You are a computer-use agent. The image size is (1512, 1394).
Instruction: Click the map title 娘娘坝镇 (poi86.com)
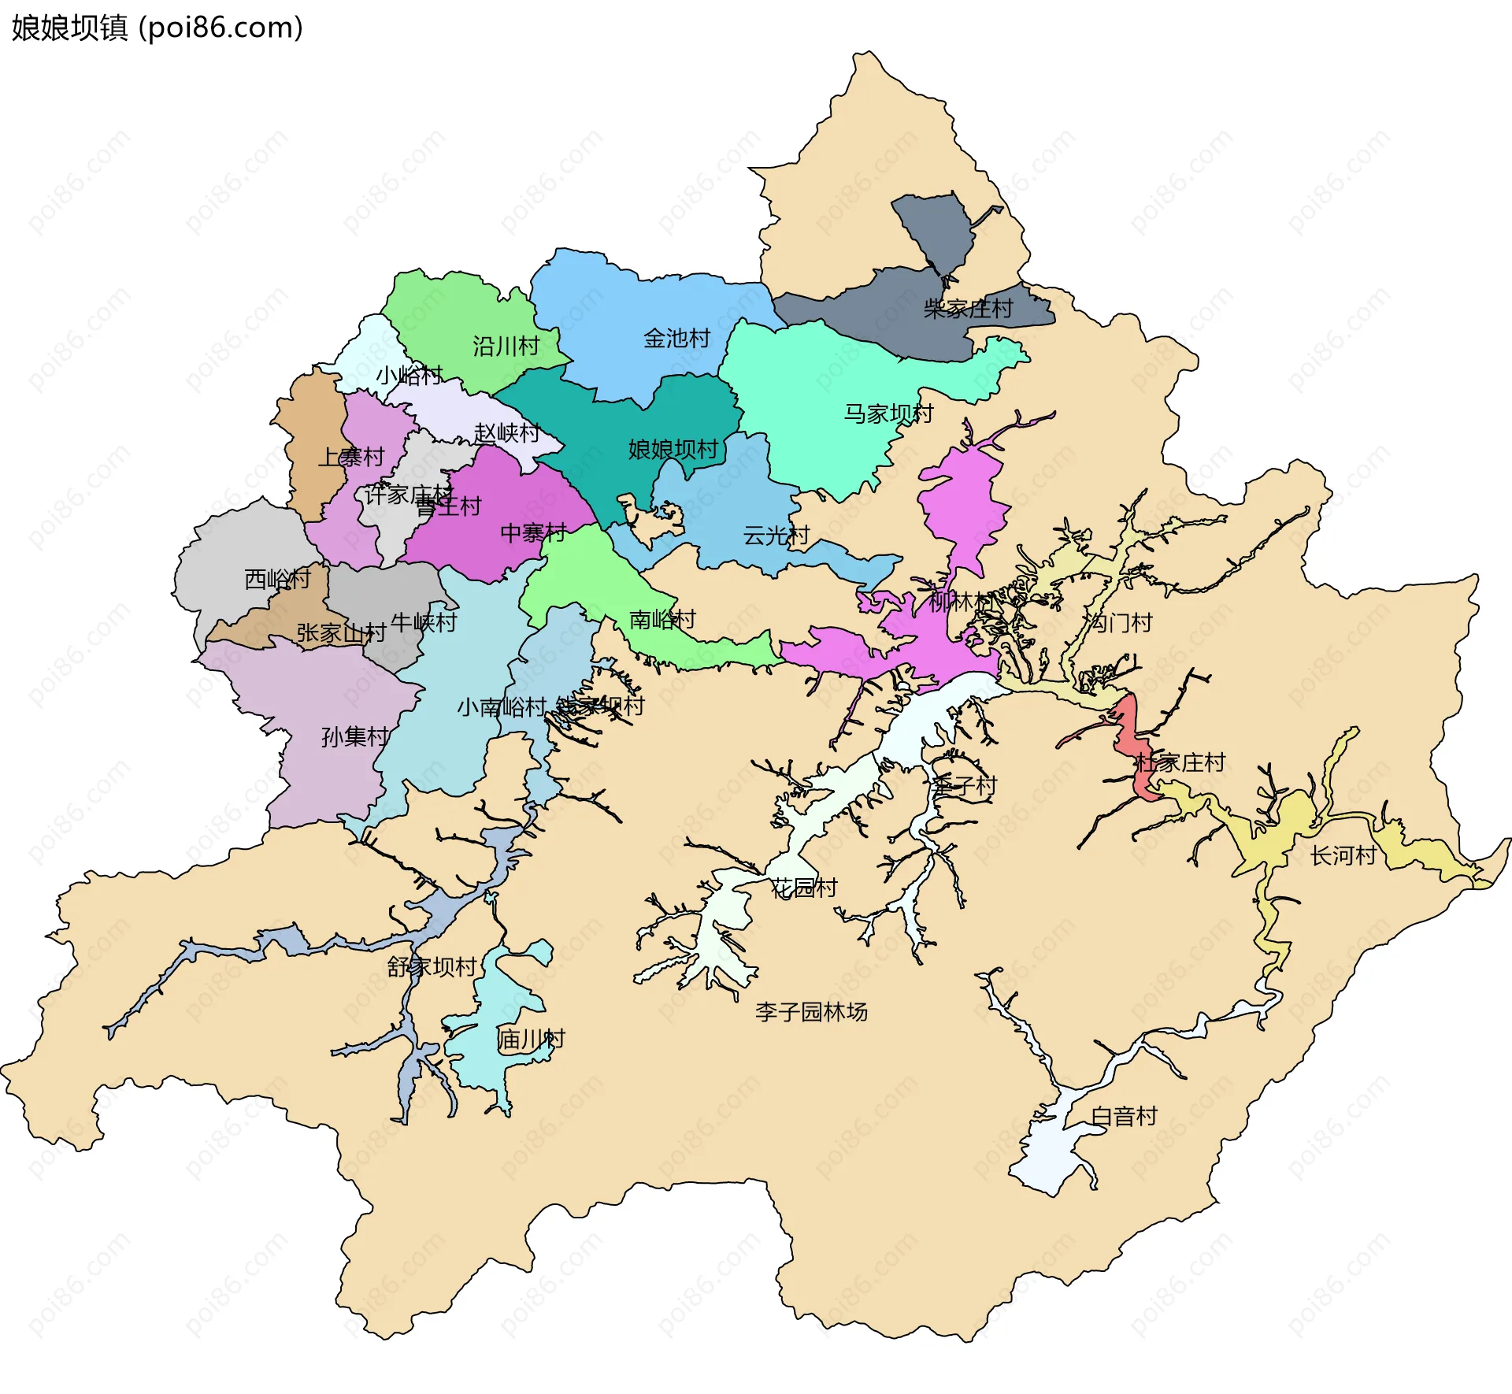coord(157,28)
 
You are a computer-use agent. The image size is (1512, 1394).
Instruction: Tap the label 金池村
coord(676,339)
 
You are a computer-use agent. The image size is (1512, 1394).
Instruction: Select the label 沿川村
coord(506,347)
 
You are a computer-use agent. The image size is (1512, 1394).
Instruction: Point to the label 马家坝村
coord(888,413)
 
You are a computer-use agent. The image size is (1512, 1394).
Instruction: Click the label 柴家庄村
coord(968,309)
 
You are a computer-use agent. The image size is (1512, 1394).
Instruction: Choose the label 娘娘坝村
coord(673,450)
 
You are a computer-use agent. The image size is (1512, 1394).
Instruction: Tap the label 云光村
coord(776,536)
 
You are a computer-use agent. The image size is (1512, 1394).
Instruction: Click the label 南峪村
coord(662,620)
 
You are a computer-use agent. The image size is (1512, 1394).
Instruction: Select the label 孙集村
coord(355,737)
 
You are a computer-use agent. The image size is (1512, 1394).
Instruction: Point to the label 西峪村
coord(277,580)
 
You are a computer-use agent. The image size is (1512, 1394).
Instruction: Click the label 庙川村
coord(531,1040)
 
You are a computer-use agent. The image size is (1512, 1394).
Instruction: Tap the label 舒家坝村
coord(432,967)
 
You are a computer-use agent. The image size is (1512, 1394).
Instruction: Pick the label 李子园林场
coord(811,1012)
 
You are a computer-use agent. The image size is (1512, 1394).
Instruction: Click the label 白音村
coord(1124,1117)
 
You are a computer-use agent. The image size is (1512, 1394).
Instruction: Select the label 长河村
coord(1343,856)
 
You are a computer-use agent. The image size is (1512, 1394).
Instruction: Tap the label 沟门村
coord(1119,623)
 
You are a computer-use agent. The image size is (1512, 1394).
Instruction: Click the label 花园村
coord(803,888)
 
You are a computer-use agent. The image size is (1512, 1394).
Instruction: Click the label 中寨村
coord(533,533)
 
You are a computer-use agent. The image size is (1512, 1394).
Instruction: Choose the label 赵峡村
coord(506,433)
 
